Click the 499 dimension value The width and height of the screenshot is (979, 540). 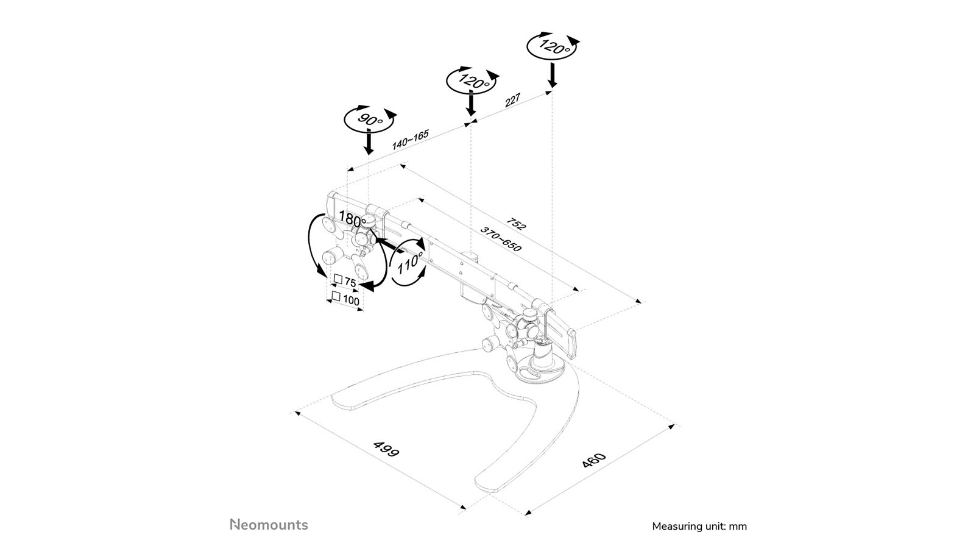[386, 449]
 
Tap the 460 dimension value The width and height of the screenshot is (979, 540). [595, 460]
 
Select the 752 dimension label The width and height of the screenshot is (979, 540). [517, 224]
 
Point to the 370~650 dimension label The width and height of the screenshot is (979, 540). [501, 239]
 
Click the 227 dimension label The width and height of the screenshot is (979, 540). [513, 100]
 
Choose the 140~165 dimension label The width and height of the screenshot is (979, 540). [411, 140]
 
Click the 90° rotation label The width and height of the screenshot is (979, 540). [370, 118]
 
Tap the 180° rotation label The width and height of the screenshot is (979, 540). [352, 219]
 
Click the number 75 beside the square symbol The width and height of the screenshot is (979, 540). [350, 282]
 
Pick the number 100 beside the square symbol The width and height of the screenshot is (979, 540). [352, 300]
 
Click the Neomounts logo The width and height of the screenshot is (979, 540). [269, 525]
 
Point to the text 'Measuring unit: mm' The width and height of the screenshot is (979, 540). [699, 527]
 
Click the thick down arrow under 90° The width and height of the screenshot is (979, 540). [369, 143]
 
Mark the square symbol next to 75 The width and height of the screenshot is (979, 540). [338, 279]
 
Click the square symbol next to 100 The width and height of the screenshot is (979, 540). [336, 296]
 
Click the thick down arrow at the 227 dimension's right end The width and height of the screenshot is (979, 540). [553, 75]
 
